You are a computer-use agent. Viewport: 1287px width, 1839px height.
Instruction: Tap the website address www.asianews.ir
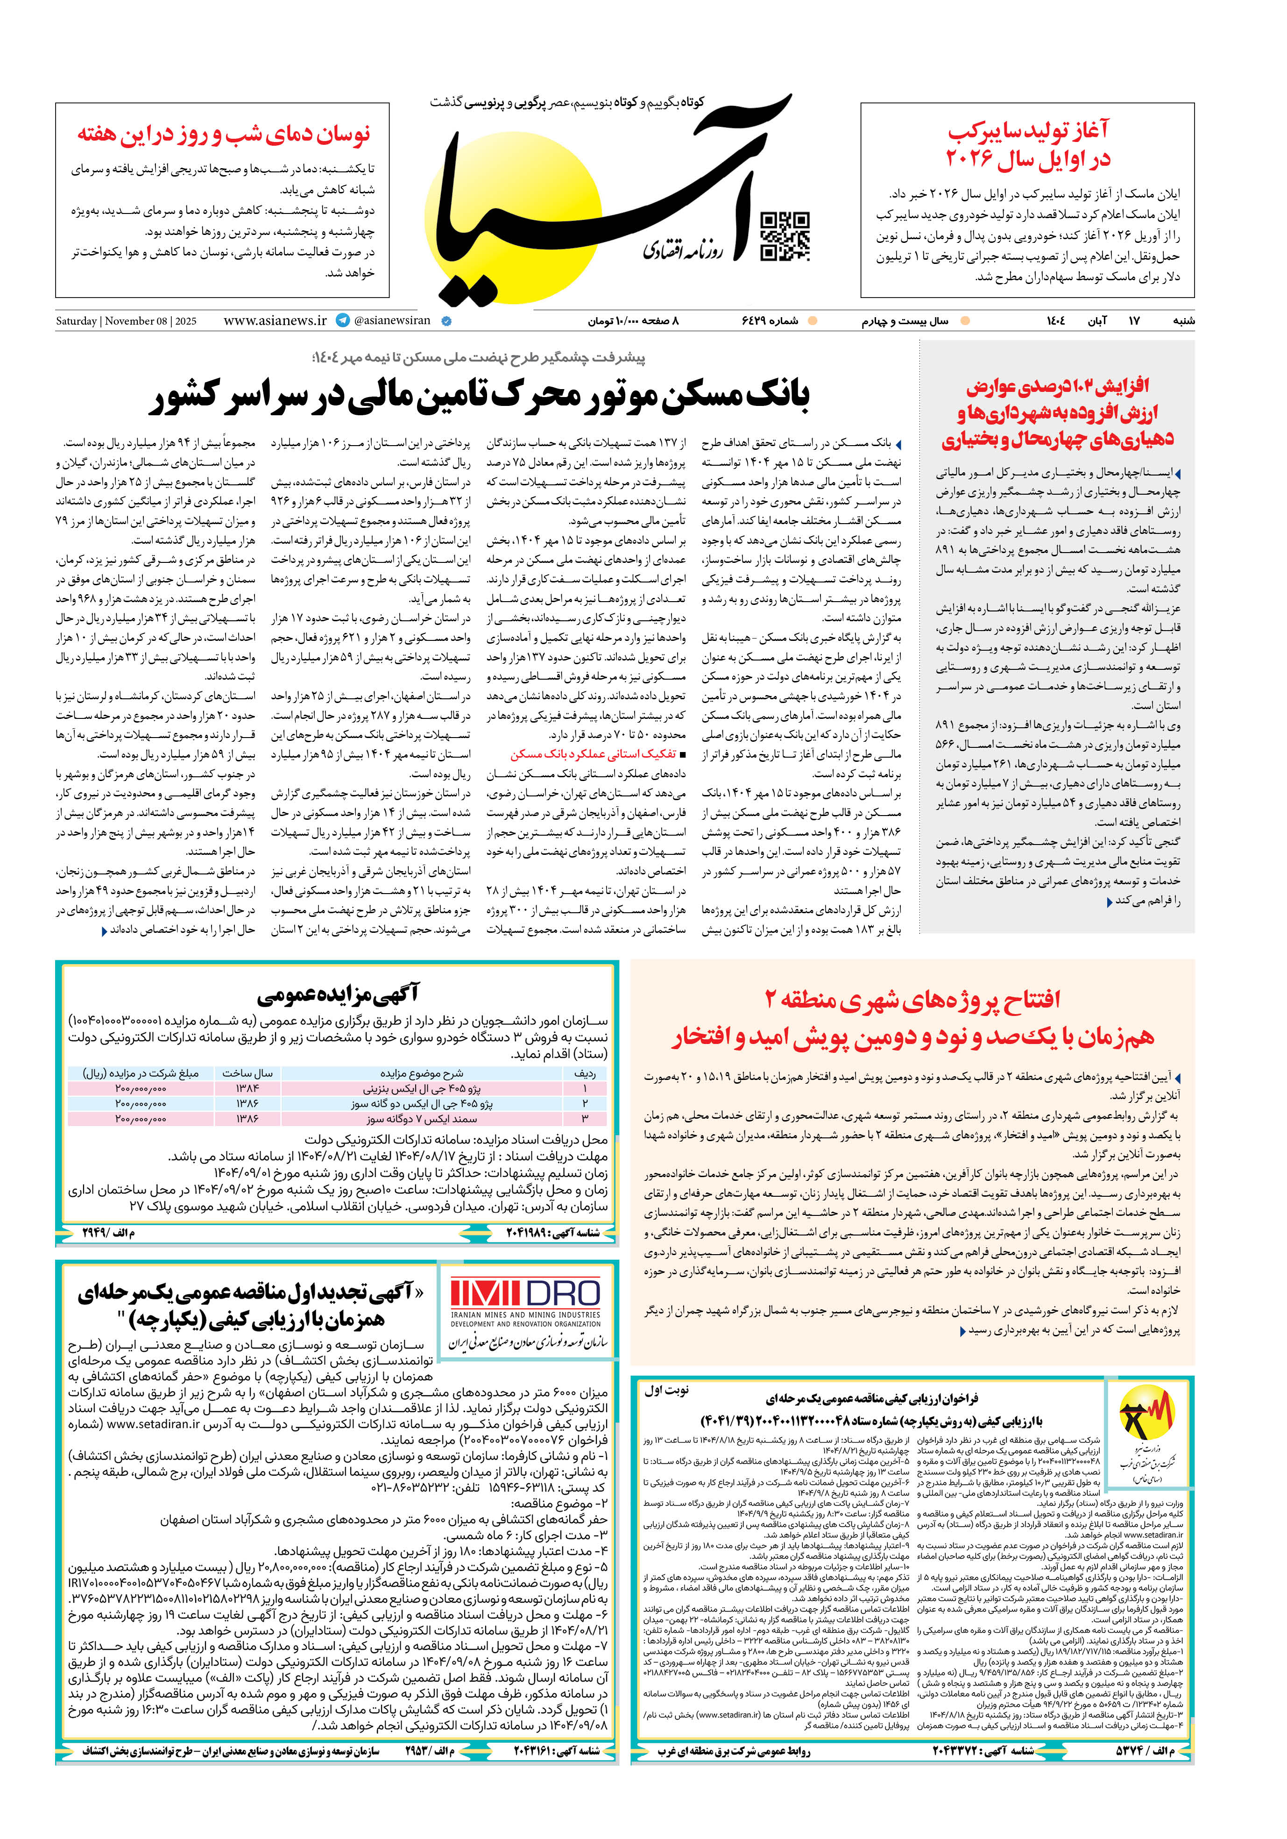(x=275, y=320)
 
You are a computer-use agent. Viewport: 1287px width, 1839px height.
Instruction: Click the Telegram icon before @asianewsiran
(x=343, y=320)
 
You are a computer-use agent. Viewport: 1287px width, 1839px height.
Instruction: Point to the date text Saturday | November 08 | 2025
(x=126, y=321)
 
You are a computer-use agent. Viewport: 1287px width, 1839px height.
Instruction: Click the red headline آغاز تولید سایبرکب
(x=1028, y=145)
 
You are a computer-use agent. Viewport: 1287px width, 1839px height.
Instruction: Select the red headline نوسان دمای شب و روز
(x=223, y=135)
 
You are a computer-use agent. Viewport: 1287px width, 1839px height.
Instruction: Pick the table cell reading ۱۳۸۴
(x=247, y=1088)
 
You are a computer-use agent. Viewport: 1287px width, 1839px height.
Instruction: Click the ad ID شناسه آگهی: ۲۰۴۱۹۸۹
(x=552, y=1233)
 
